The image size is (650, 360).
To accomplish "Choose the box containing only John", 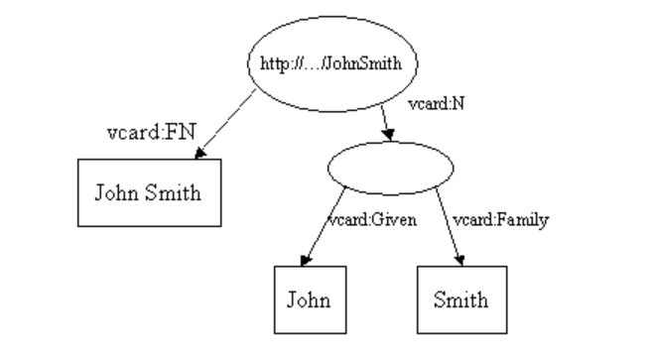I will tap(309, 299).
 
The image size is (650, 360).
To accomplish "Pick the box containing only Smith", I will tap(460, 299).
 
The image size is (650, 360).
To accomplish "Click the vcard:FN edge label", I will tap(143, 133).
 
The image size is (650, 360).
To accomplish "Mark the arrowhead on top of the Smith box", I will tap(461, 260).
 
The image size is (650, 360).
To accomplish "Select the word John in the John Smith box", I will tap(116, 192).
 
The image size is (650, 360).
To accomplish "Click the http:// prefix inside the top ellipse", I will tap(277, 62).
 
